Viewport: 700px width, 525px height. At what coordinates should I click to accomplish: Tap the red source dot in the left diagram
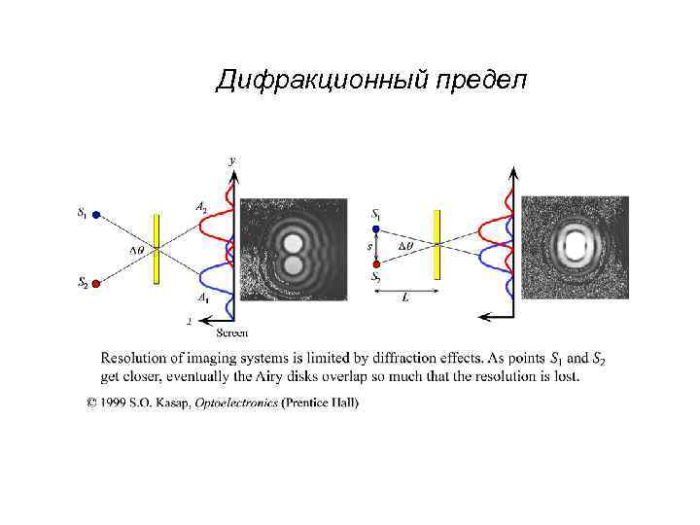click(x=95, y=284)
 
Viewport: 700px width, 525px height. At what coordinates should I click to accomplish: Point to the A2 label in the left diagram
click(x=200, y=207)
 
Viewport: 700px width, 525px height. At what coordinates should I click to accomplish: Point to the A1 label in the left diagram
click(x=201, y=297)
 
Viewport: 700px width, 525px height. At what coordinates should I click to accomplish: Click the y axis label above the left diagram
click(x=231, y=158)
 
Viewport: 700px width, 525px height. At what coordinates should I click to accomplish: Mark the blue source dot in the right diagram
click(x=375, y=228)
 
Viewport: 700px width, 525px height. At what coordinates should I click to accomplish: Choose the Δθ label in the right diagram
click(x=405, y=247)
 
